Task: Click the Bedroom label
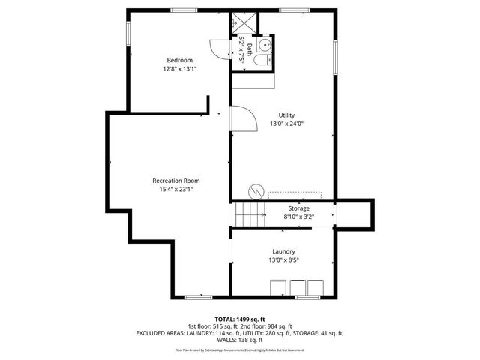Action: coord(179,60)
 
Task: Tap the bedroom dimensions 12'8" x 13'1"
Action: coord(179,69)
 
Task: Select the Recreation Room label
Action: coord(175,181)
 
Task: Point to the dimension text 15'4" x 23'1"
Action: coord(175,190)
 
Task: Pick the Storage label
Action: coord(298,208)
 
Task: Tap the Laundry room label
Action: coord(283,251)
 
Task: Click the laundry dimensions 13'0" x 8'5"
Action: coord(283,260)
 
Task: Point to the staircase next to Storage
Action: coord(248,216)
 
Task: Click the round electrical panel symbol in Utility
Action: coord(256,191)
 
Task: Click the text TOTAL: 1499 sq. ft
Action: coord(240,319)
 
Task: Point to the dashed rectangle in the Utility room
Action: coord(295,194)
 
